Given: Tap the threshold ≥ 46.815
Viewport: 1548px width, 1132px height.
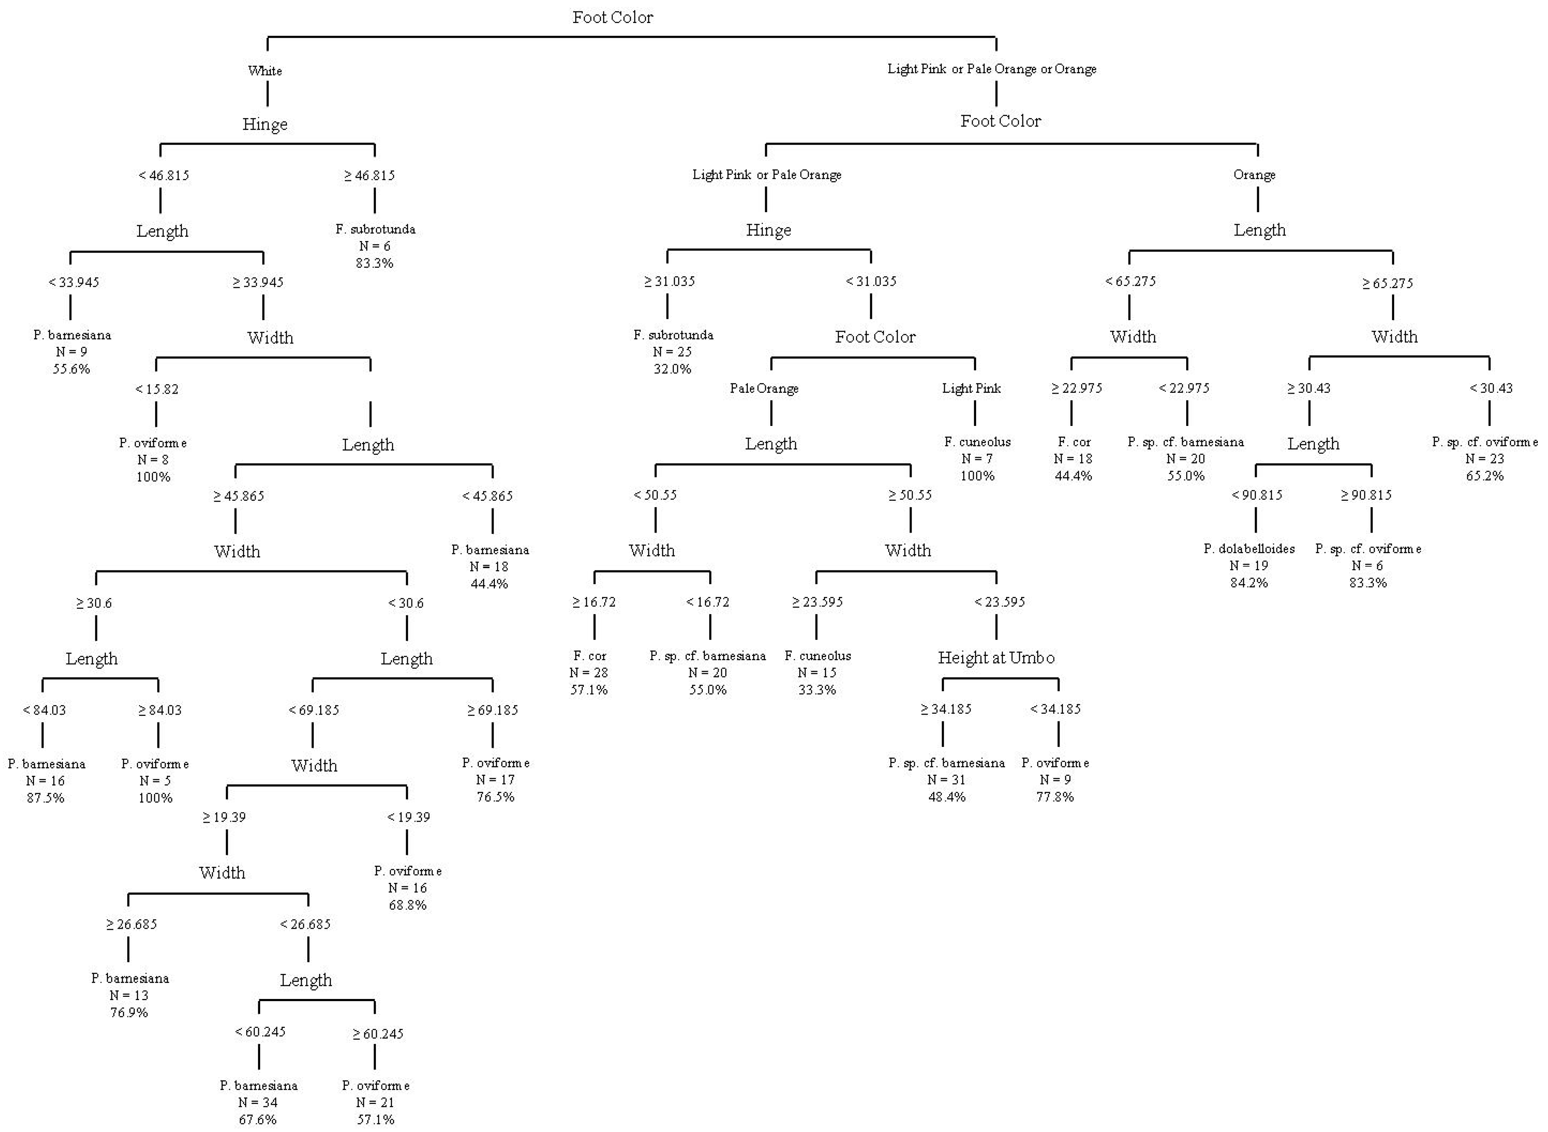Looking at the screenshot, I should (x=369, y=176).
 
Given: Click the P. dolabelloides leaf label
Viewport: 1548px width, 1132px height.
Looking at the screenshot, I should (x=1249, y=549).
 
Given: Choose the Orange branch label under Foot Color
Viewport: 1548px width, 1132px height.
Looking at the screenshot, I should (x=1254, y=175).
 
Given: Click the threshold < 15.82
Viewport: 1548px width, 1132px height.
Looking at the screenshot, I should (x=157, y=389).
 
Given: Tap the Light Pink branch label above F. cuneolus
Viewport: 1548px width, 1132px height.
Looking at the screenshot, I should (x=971, y=389).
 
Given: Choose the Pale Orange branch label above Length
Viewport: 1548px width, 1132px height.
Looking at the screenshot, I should (x=764, y=389).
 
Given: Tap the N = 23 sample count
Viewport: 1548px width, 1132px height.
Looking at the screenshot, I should (x=1484, y=459).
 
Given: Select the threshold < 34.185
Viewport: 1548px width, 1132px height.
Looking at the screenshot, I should (x=1055, y=709).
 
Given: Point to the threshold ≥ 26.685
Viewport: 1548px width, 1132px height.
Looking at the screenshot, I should (x=131, y=925).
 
